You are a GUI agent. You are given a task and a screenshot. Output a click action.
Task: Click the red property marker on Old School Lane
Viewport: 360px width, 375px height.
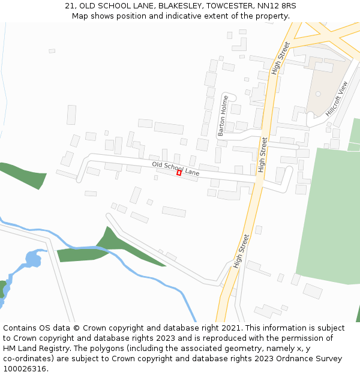(x=179, y=173)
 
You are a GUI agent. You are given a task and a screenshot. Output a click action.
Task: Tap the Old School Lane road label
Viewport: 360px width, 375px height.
(x=175, y=169)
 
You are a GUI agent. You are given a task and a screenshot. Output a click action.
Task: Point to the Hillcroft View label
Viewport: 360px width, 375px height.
(x=336, y=98)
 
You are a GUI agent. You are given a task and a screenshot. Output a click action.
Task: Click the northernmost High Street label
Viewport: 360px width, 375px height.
(x=280, y=58)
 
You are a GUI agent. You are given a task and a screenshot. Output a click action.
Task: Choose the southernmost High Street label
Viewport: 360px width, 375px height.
(x=241, y=251)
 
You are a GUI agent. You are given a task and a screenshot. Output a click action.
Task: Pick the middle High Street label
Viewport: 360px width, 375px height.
(x=263, y=155)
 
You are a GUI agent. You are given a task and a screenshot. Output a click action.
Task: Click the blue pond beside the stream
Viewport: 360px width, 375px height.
(x=32, y=260)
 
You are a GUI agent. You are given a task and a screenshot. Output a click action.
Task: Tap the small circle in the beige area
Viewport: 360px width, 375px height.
(x=318, y=94)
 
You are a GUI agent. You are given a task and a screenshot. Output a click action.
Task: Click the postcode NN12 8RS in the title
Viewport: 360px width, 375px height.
(x=276, y=6)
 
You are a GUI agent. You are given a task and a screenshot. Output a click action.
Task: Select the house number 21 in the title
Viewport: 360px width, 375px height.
(x=70, y=6)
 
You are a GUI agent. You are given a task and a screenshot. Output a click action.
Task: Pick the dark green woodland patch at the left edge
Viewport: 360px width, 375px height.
(x=24, y=174)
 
